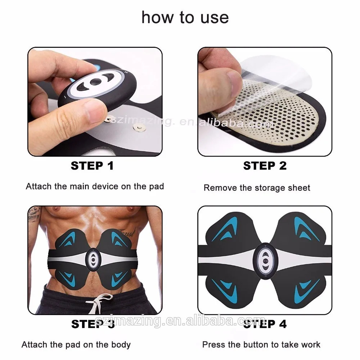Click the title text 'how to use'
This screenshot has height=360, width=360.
click(185, 17)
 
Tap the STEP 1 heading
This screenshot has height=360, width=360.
click(92, 166)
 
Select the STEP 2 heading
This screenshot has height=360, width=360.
click(265, 166)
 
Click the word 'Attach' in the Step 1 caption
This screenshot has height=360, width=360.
click(36, 186)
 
